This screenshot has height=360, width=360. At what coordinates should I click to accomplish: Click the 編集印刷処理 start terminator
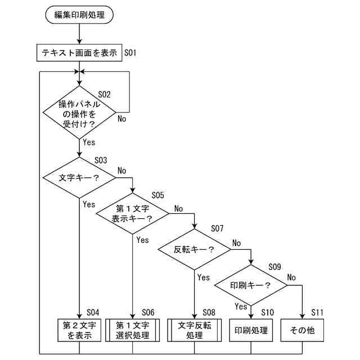coord(79,15)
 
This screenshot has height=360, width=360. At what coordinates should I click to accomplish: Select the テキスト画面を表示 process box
coord(79,53)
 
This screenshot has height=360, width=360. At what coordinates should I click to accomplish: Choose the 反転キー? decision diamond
coord(194,249)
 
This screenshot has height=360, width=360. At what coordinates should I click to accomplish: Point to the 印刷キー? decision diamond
coord(250,285)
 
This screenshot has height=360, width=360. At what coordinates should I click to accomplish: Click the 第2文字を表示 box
coord(79,331)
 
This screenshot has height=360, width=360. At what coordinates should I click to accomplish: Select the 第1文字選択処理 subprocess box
coord(133,331)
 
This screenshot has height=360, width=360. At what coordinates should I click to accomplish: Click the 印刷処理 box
coord(250,331)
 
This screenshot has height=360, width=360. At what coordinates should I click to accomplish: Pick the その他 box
coord(303,331)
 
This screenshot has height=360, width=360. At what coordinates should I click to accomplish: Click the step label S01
coord(130,53)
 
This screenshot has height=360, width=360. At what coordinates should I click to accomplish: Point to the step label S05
coord(157,195)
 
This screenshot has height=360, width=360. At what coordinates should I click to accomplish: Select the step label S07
coord(217,229)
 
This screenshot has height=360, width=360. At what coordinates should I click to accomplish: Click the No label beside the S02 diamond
coord(121,118)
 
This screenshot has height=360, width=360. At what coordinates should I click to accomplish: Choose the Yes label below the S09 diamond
coord(241,307)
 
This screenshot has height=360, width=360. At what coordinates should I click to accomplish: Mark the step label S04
coord(93,312)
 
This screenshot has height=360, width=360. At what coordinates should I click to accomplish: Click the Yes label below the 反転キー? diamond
coord(203,277)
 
